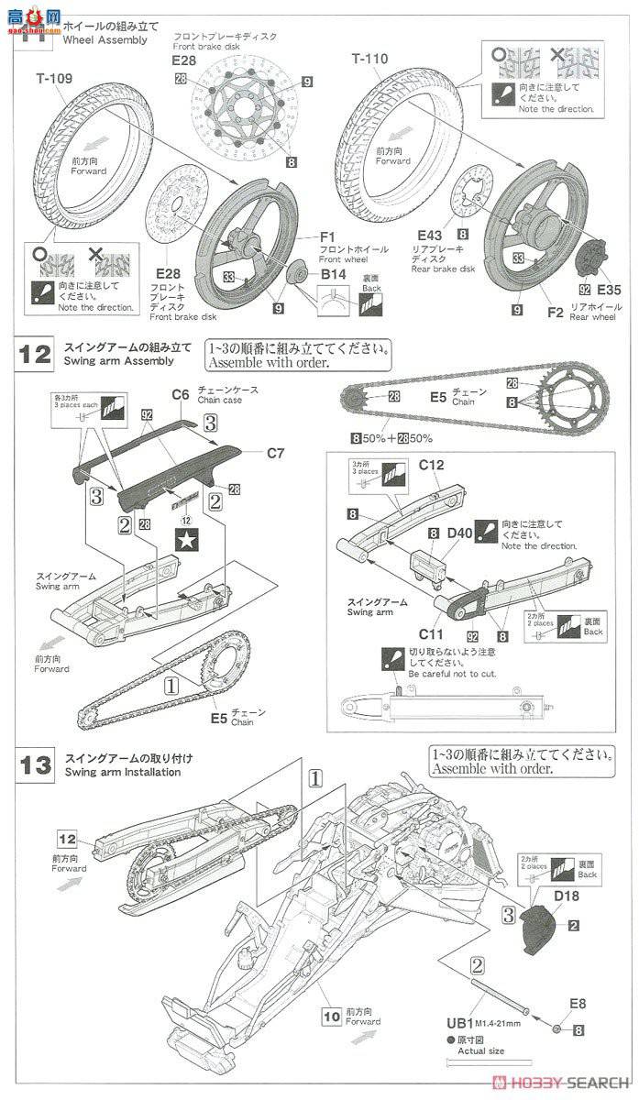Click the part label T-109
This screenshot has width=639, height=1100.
coord(54,79)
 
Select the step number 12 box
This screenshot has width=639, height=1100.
coord(35,355)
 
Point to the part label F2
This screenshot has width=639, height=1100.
coord(554,312)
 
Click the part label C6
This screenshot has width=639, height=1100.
coord(181,394)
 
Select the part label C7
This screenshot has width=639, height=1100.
coord(277,453)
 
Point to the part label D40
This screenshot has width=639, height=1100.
coord(460,533)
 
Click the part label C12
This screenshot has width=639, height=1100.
coord(431,465)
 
